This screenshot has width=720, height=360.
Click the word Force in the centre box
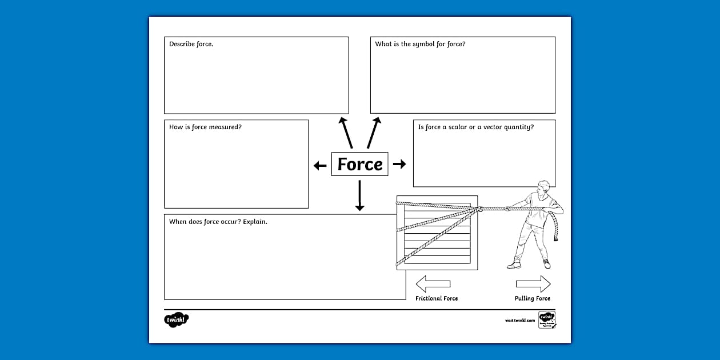coord(360,165)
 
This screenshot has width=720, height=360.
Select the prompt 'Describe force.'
coord(191,44)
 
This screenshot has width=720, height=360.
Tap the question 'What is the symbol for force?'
coord(420,44)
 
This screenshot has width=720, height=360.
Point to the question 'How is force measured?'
coord(205,127)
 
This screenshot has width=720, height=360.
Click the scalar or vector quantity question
coord(475,127)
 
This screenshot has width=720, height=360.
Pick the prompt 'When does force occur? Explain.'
coord(218,222)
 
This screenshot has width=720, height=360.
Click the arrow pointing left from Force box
coord(320,166)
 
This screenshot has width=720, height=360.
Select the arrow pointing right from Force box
coord(399,165)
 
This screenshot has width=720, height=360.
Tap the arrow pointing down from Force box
coord(359,195)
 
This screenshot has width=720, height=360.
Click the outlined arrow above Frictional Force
coord(433,283)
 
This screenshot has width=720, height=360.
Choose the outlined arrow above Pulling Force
coord(533,283)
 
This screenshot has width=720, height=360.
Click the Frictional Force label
coord(437,298)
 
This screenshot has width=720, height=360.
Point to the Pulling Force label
coord(533,298)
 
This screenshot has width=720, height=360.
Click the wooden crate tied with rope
coord(437,233)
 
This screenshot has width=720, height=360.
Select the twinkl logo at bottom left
coord(176,320)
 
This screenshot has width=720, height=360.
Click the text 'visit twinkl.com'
coord(520,321)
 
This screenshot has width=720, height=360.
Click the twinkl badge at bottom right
coord(547,320)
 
